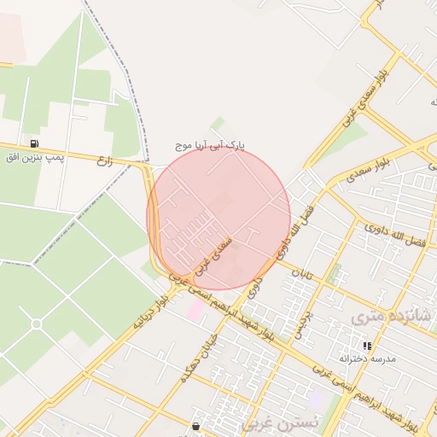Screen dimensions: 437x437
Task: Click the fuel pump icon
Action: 34,143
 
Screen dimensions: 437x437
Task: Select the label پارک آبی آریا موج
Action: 210,146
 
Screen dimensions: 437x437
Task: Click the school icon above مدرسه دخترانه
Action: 367,346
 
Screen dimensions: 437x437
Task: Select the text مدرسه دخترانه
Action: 368,359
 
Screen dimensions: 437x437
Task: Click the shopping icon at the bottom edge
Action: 196,426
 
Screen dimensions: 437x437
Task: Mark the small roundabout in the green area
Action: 36,324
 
